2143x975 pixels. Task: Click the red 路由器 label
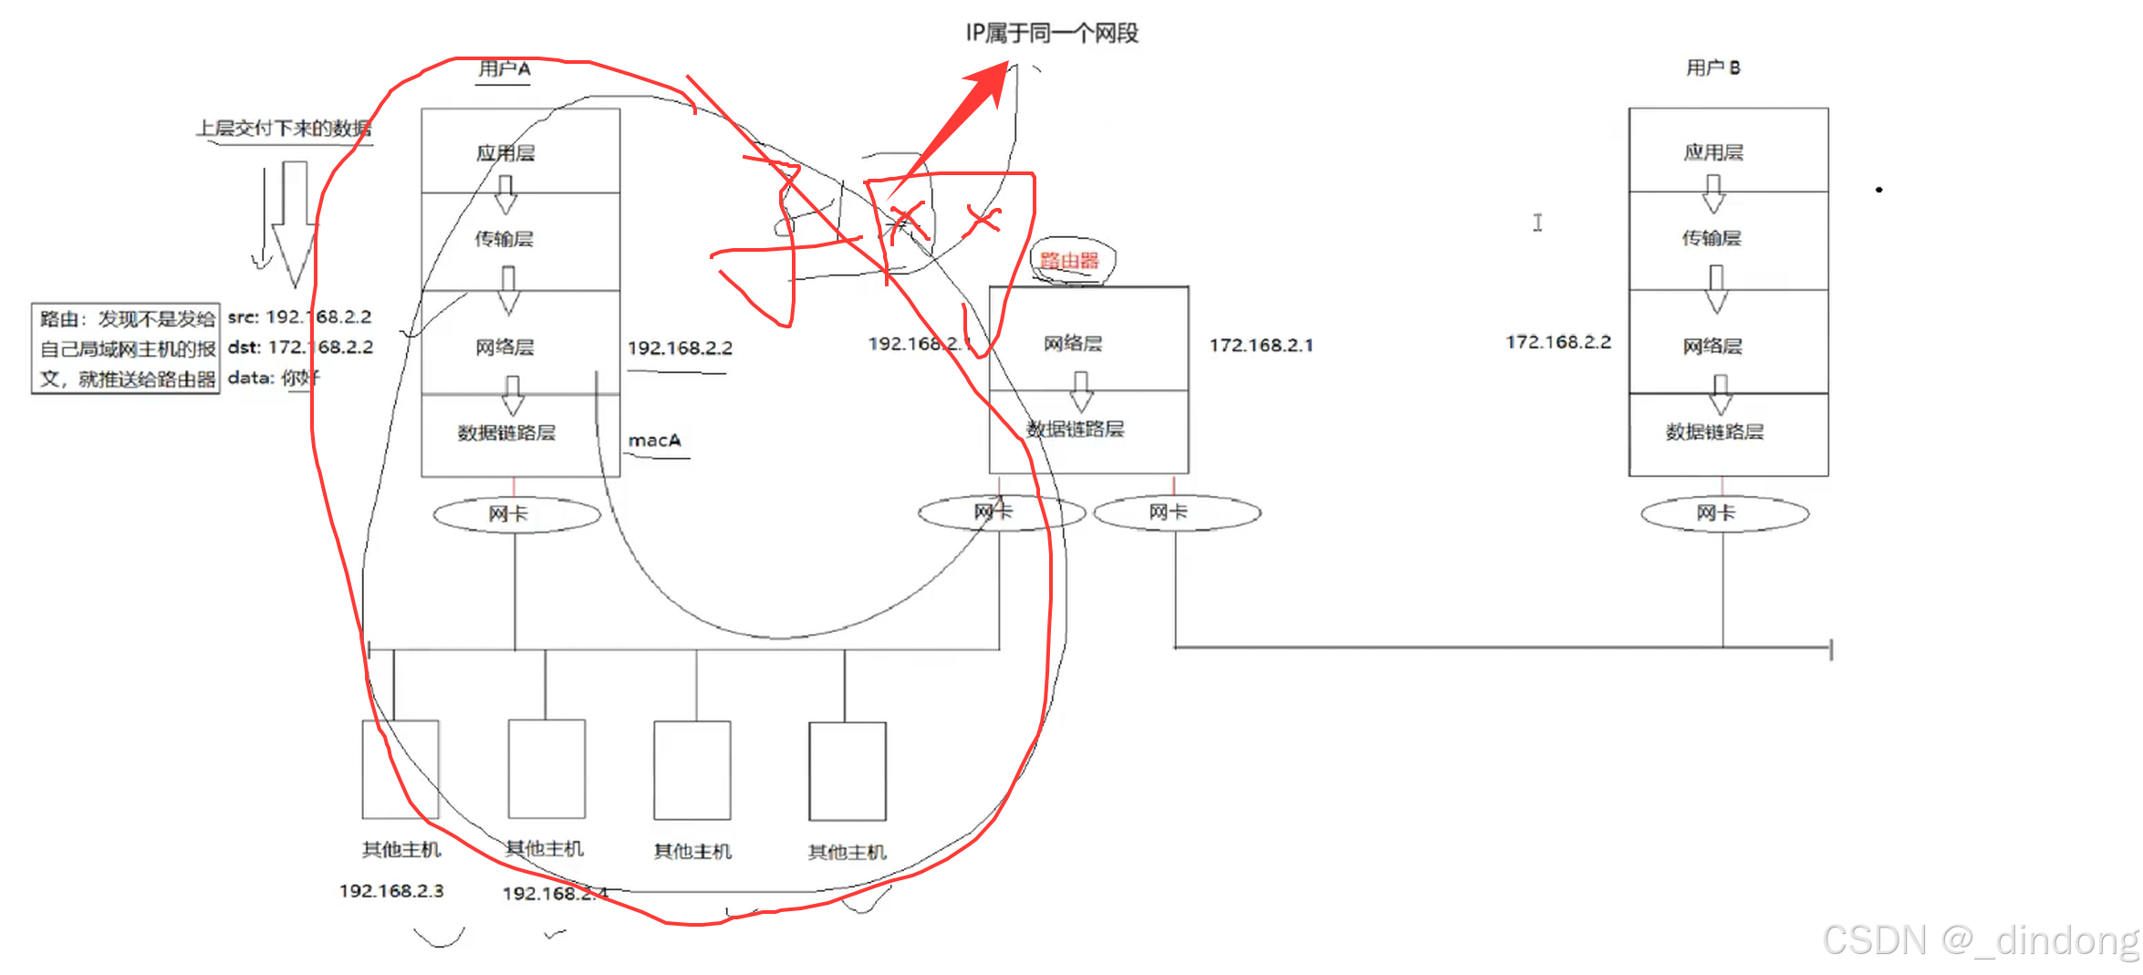[x=1069, y=261]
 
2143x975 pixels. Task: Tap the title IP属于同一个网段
[x=1052, y=34]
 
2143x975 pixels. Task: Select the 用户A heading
[x=504, y=69]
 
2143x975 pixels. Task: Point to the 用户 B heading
[x=1712, y=67]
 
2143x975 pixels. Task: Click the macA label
[x=654, y=441]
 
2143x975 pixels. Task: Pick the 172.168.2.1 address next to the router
[x=1261, y=346]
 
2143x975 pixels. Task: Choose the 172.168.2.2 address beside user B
[x=1558, y=342]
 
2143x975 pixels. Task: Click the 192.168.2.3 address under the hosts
[x=391, y=891]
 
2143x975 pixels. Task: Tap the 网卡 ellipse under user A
[x=516, y=514]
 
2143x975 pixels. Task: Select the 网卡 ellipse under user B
[x=1723, y=513]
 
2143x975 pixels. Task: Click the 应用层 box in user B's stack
[x=1728, y=151]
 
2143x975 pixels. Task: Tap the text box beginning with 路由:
[x=126, y=348]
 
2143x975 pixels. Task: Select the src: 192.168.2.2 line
[x=299, y=317]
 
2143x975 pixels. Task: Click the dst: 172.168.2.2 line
[x=300, y=347]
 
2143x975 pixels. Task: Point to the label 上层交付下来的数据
[x=284, y=129]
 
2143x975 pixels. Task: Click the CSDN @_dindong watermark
[x=1980, y=940]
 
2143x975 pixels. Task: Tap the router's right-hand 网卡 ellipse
[x=1177, y=513]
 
